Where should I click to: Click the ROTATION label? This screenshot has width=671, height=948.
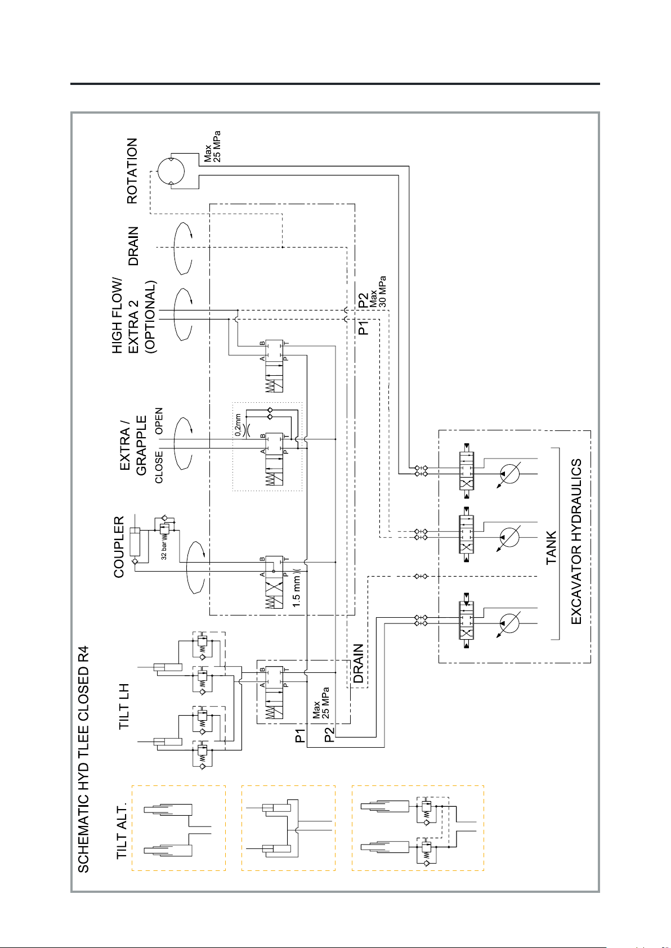click(x=132, y=171)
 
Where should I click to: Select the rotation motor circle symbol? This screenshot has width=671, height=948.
click(x=171, y=171)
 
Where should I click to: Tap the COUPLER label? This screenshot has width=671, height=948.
click(x=119, y=547)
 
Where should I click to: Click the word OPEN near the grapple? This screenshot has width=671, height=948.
click(x=159, y=421)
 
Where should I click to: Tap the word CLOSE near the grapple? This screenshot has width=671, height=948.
click(x=159, y=467)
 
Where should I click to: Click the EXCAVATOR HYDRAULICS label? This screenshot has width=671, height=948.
click(x=576, y=542)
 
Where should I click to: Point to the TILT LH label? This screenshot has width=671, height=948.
click(x=124, y=707)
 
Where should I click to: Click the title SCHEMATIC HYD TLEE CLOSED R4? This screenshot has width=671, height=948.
click(x=83, y=759)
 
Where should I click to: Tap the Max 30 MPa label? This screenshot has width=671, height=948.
click(x=378, y=291)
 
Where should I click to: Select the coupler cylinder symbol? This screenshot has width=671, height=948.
click(x=135, y=542)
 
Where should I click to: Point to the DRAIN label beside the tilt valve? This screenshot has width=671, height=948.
click(x=359, y=664)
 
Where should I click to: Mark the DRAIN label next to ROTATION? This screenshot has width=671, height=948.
click(x=133, y=246)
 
